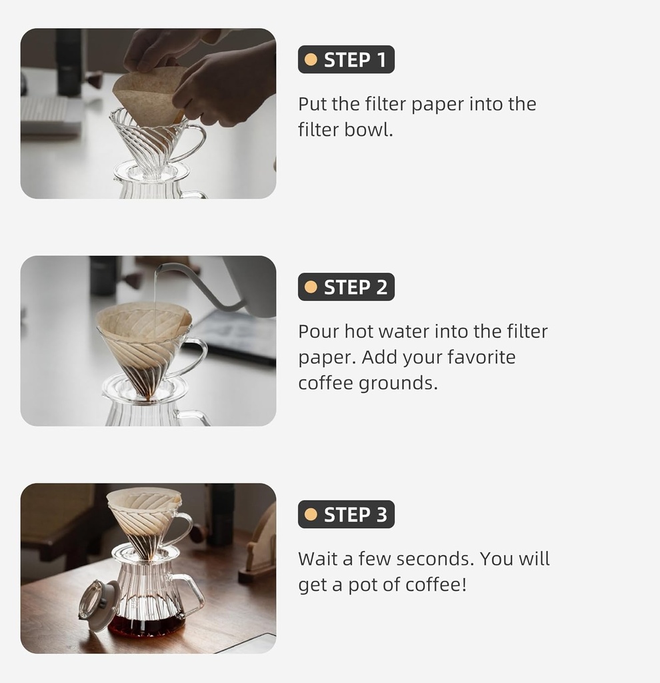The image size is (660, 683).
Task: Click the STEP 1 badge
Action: click(346, 60)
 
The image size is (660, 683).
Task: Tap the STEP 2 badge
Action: click(346, 287)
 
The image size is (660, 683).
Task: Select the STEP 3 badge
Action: click(346, 515)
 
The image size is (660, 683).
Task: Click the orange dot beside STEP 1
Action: click(311, 60)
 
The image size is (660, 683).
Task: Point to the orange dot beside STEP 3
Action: click(311, 515)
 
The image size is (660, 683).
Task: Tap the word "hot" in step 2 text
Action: click(363, 331)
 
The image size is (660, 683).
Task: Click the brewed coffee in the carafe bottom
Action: click(147, 626)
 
